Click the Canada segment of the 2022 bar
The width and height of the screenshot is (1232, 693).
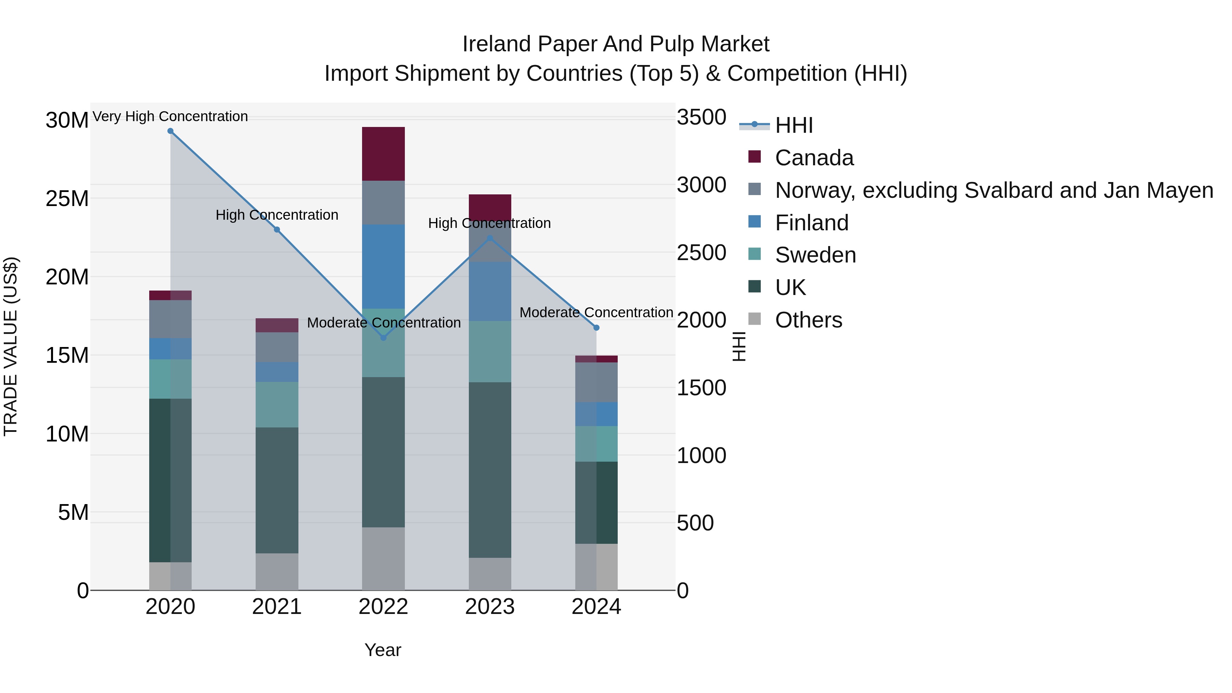[383, 154]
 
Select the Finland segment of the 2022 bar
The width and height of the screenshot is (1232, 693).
[383, 266]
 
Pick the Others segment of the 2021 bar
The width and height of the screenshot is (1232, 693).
[277, 572]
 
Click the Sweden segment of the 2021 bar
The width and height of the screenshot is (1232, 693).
[277, 404]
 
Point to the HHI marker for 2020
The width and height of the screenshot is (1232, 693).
[170, 131]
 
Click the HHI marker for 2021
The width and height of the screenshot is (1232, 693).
[277, 230]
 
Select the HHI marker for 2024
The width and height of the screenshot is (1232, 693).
[596, 328]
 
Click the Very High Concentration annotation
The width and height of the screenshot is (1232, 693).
[170, 116]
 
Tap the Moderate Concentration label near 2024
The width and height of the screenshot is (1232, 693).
[596, 312]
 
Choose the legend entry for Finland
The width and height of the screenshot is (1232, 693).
[812, 223]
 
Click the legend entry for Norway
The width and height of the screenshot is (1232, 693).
[994, 190]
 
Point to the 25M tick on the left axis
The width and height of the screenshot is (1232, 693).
[67, 198]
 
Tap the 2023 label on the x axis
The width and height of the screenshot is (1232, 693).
[490, 607]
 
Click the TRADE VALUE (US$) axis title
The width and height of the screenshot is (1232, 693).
[11, 346]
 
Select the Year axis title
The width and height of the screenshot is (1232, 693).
[383, 650]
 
